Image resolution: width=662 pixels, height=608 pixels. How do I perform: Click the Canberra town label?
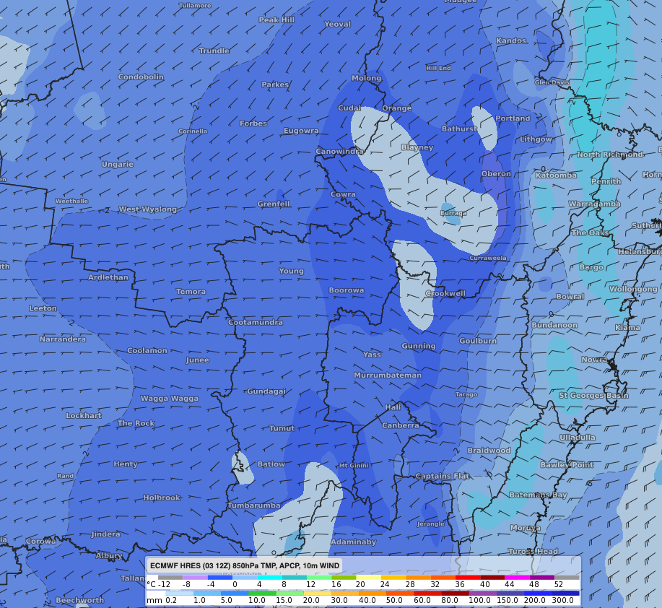pos(400,425)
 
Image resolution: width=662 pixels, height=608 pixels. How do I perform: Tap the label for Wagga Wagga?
pos(169,399)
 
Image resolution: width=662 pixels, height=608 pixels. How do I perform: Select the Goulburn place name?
pos(478,341)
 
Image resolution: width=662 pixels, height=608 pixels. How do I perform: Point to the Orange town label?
pos(396,108)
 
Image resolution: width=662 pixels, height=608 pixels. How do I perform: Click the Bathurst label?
pos(459,129)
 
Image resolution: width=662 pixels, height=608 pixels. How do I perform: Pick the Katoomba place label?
pos(555,175)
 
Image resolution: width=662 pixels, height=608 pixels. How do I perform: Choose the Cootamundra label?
pos(256,322)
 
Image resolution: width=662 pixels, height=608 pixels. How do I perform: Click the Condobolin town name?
pos(140,77)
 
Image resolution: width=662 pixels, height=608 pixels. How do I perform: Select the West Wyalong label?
pos(147,209)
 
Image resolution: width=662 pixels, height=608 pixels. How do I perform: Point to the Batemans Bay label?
pos(538,495)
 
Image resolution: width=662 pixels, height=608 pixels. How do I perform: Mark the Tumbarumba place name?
pos(253,505)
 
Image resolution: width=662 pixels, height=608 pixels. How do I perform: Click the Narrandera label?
pos(62,339)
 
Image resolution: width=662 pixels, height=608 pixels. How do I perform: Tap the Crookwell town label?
pos(445,294)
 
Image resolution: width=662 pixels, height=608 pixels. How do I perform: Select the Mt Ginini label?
pos(354,465)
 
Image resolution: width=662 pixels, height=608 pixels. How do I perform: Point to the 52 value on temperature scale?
pos(559,584)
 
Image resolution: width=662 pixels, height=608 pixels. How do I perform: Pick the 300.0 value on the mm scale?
pos(563,600)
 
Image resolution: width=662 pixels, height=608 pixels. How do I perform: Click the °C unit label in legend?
pos(151,584)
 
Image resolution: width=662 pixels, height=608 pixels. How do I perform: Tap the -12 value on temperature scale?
pos(165,584)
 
